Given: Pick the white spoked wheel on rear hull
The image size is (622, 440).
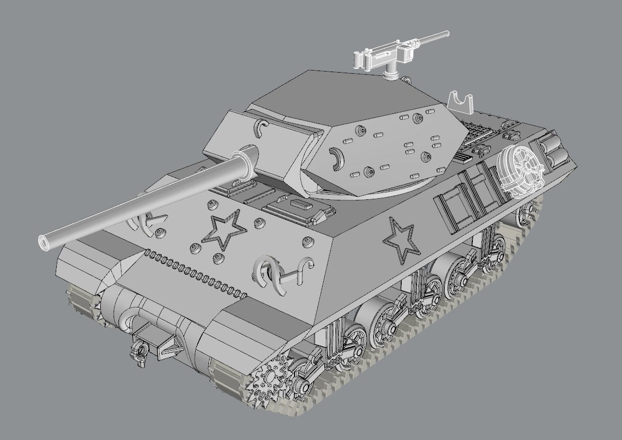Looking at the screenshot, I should [x=521, y=166].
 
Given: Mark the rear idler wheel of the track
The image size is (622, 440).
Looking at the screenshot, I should [x=525, y=212].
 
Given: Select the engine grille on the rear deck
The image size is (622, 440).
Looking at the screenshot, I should [x=478, y=135].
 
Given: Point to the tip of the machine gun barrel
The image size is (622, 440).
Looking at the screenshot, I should [x=447, y=33].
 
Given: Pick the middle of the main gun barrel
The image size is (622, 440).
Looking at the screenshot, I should [x=143, y=201].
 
